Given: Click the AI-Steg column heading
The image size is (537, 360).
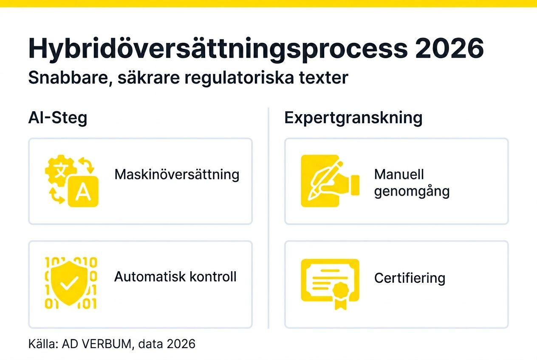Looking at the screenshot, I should coord(58,118).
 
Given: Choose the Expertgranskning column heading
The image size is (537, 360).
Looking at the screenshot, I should coord(353,118).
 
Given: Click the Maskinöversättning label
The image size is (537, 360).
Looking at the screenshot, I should coord(177,174).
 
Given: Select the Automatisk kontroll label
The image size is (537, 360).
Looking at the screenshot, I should coord(175,277).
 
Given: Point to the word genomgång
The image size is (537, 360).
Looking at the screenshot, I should coord(412,191).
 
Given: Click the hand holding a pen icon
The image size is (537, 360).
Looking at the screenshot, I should coord(329,181).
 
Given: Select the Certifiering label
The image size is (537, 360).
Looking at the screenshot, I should coord(410,278).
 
